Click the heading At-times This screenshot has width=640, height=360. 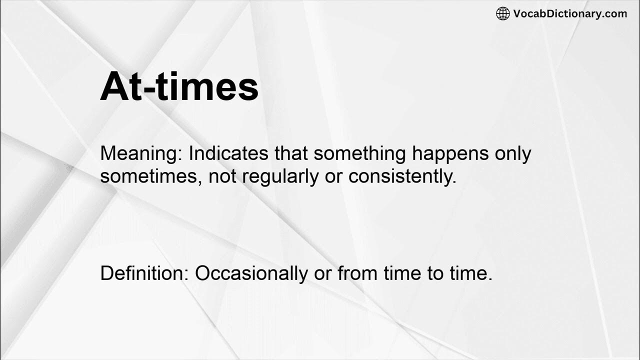179,86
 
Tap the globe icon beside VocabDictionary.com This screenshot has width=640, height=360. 502,14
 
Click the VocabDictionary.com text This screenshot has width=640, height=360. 570,14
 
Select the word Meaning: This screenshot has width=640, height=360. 141,154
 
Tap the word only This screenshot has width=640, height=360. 512,154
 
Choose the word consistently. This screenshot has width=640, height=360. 402,177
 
